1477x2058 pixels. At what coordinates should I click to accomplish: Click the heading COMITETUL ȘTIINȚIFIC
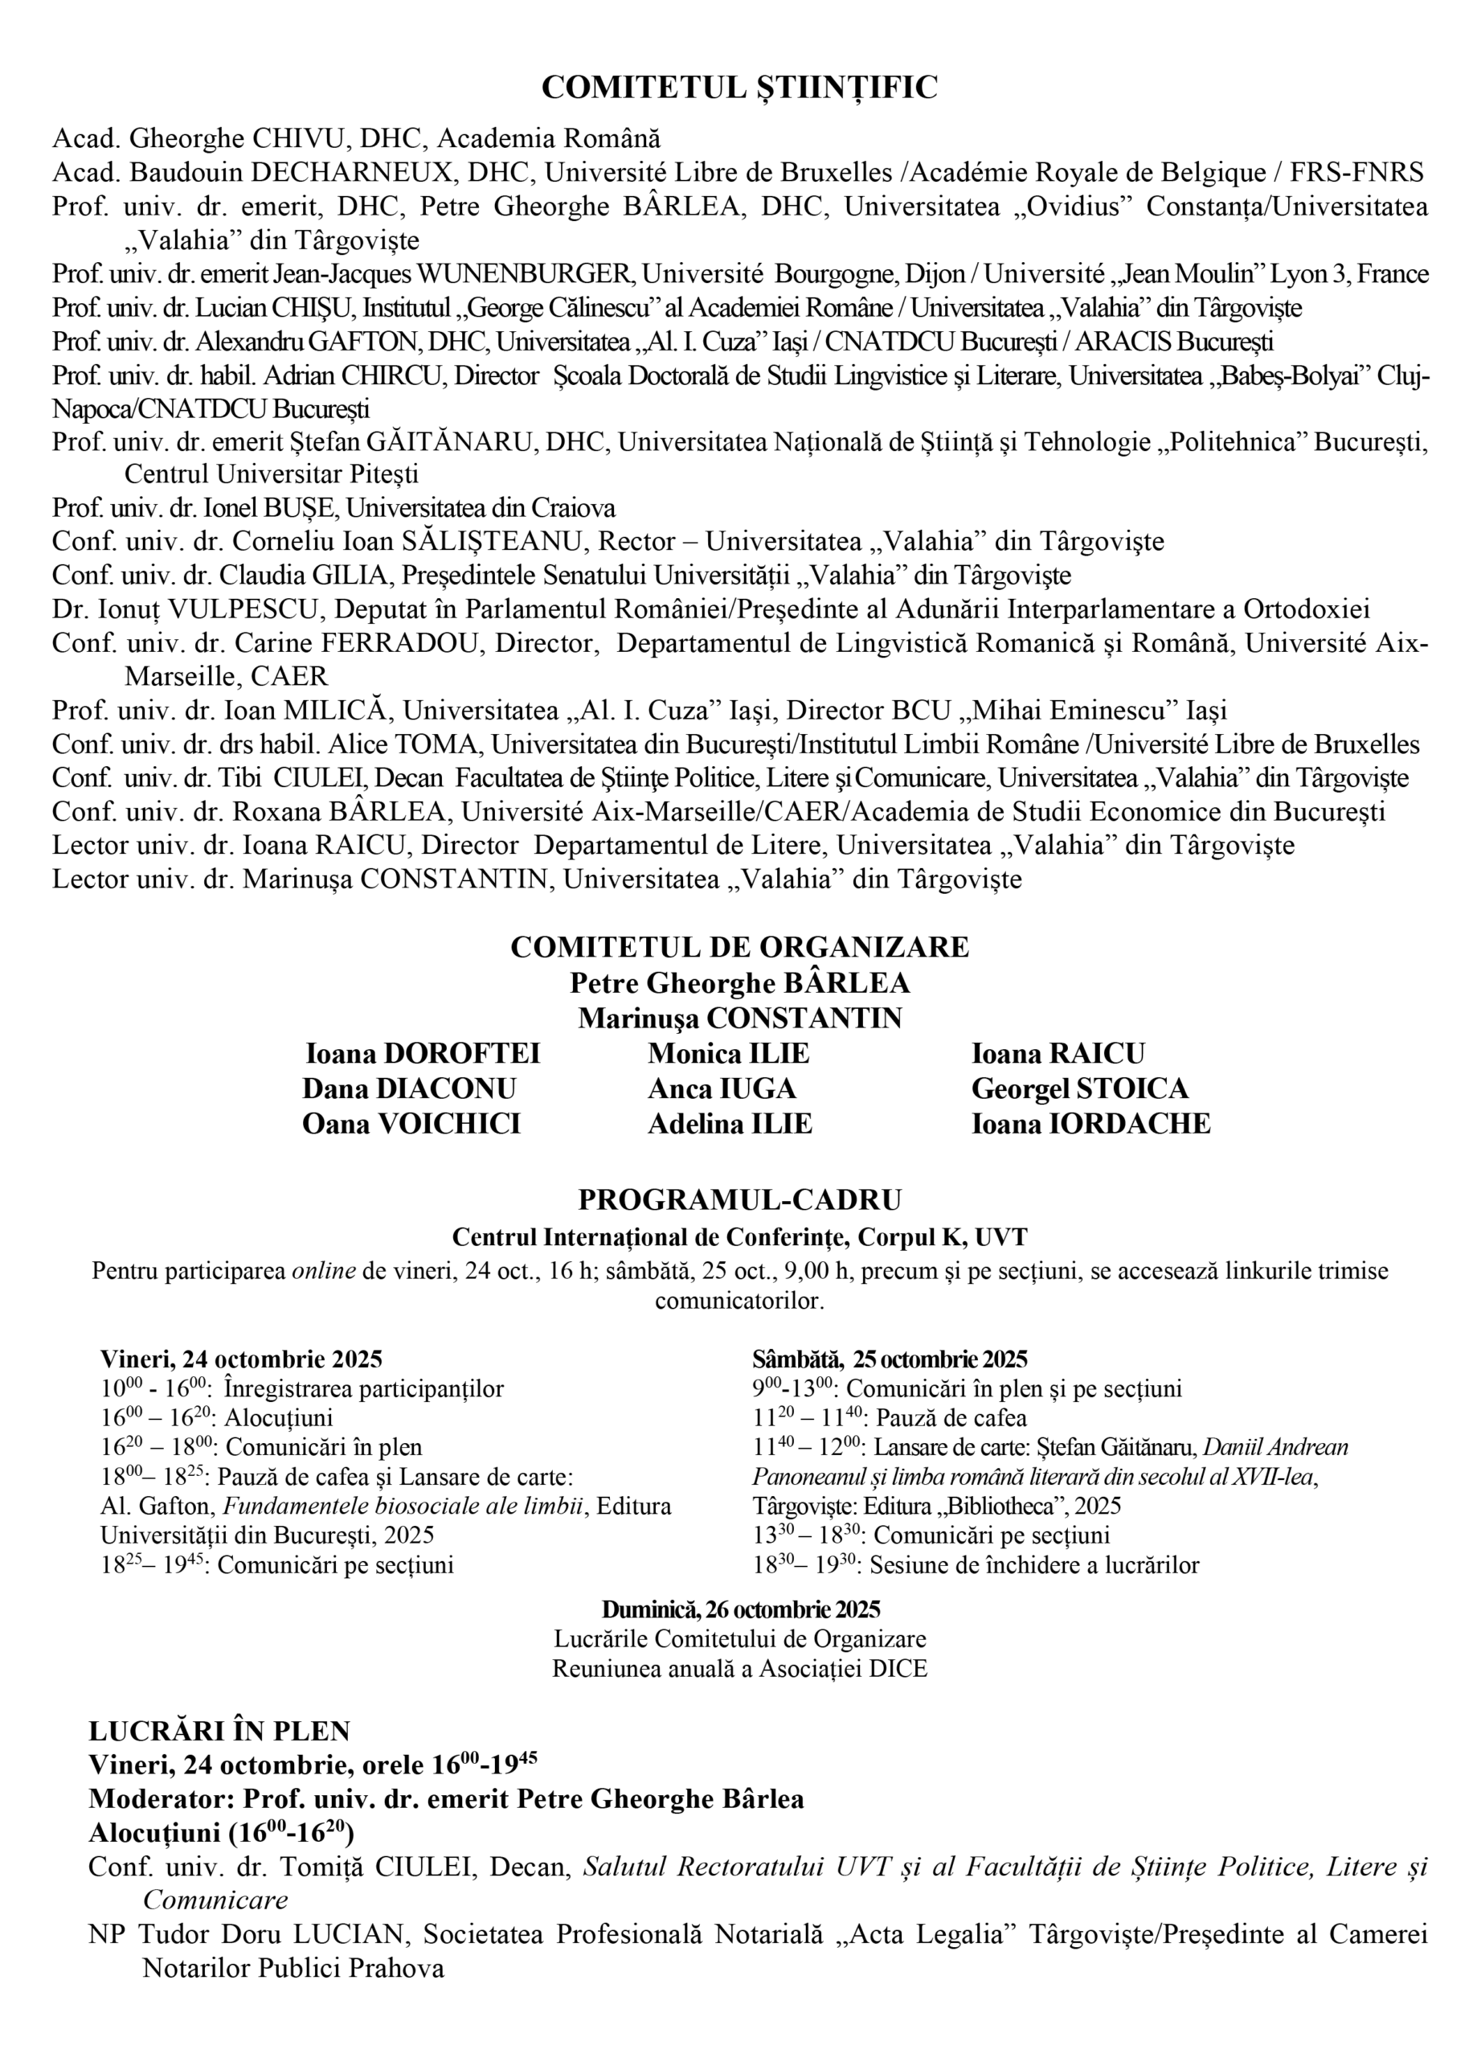[x=738, y=87]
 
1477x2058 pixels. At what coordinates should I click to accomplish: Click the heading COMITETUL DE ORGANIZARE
[x=738, y=947]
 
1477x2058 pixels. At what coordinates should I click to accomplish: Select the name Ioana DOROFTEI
[x=423, y=1053]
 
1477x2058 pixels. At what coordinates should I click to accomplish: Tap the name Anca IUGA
[x=722, y=1088]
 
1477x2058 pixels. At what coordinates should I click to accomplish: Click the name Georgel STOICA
[x=1080, y=1088]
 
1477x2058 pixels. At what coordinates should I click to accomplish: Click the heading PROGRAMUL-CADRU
[x=738, y=1200]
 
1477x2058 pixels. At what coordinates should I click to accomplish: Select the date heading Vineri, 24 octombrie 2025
[x=241, y=1359]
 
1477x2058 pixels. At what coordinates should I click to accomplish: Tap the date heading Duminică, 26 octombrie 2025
[x=740, y=1609]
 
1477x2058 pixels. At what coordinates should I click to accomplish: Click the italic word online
[x=323, y=1271]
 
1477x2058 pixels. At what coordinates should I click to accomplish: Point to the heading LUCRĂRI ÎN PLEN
[x=219, y=1732]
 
